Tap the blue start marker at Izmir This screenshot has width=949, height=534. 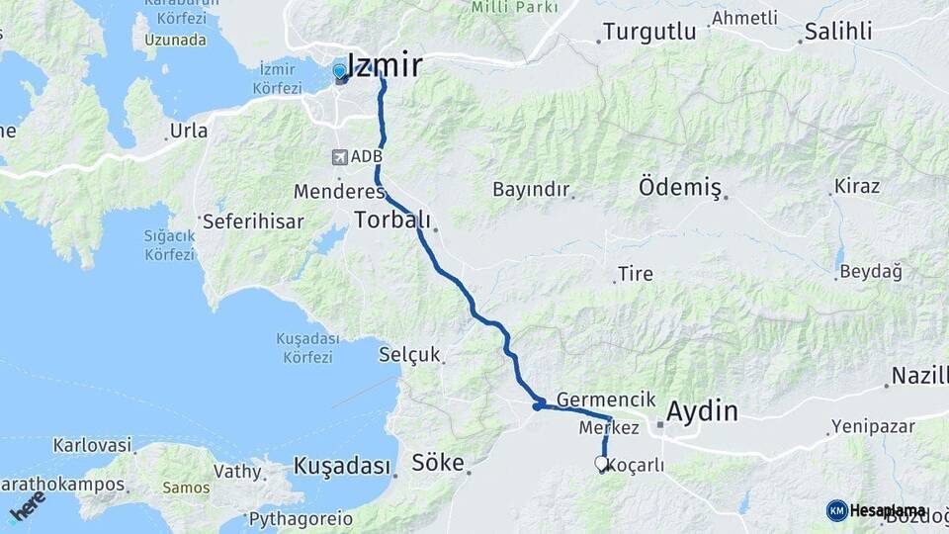[x=340, y=71]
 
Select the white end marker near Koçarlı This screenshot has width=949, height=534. [x=602, y=462]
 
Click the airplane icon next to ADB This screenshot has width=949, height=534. [x=340, y=156]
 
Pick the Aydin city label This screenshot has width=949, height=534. [x=702, y=410]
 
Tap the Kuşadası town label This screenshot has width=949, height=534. [x=342, y=466]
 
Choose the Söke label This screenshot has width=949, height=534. [x=438, y=462]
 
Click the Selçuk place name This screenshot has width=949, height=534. [x=409, y=354]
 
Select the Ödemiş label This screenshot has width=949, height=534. [x=680, y=186]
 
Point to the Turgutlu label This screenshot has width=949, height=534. [x=649, y=32]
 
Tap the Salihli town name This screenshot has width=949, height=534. [x=838, y=32]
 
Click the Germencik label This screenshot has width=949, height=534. [x=606, y=400]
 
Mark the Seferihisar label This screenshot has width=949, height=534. [x=253, y=222]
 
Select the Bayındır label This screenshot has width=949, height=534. [x=532, y=188]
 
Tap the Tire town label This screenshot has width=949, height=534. [x=635, y=273]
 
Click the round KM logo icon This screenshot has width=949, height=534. [x=837, y=510]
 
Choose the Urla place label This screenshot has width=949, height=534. [x=189, y=131]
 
